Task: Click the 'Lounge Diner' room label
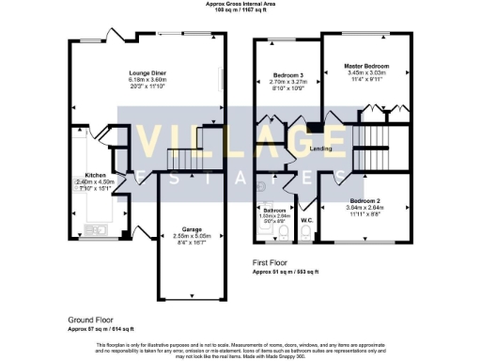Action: tap(148, 71)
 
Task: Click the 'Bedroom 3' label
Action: tap(287, 74)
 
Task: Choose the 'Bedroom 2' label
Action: tap(365, 201)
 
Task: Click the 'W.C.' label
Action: tap(306, 222)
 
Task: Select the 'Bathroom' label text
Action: tap(273, 210)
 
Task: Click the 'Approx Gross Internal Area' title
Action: tap(240, 4)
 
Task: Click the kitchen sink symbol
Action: tap(100, 229)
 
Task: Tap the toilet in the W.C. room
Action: tap(307, 232)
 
